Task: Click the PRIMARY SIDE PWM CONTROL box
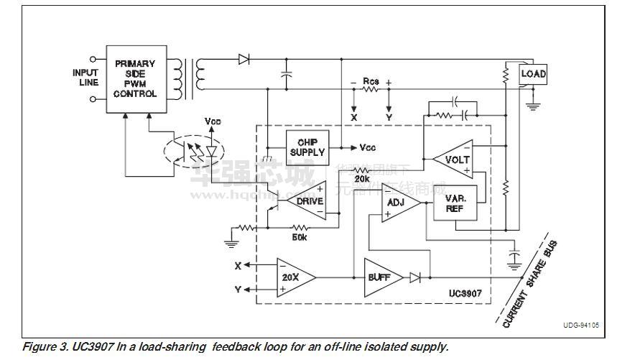click(x=136, y=79)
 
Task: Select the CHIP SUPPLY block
click(x=307, y=147)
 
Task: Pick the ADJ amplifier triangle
click(x=397, y=203)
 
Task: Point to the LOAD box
click(x=533, y=74)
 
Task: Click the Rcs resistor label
click(x=371, y=81)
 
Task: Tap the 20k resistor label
click(x=362, y=177)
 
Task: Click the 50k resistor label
click(x=299, y=236)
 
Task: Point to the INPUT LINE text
click(x=85, y=78)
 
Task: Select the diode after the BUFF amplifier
click(x=415, y=276)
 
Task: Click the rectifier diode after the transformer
click(x=244, y=60)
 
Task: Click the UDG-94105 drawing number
click(x=581, y=326)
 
